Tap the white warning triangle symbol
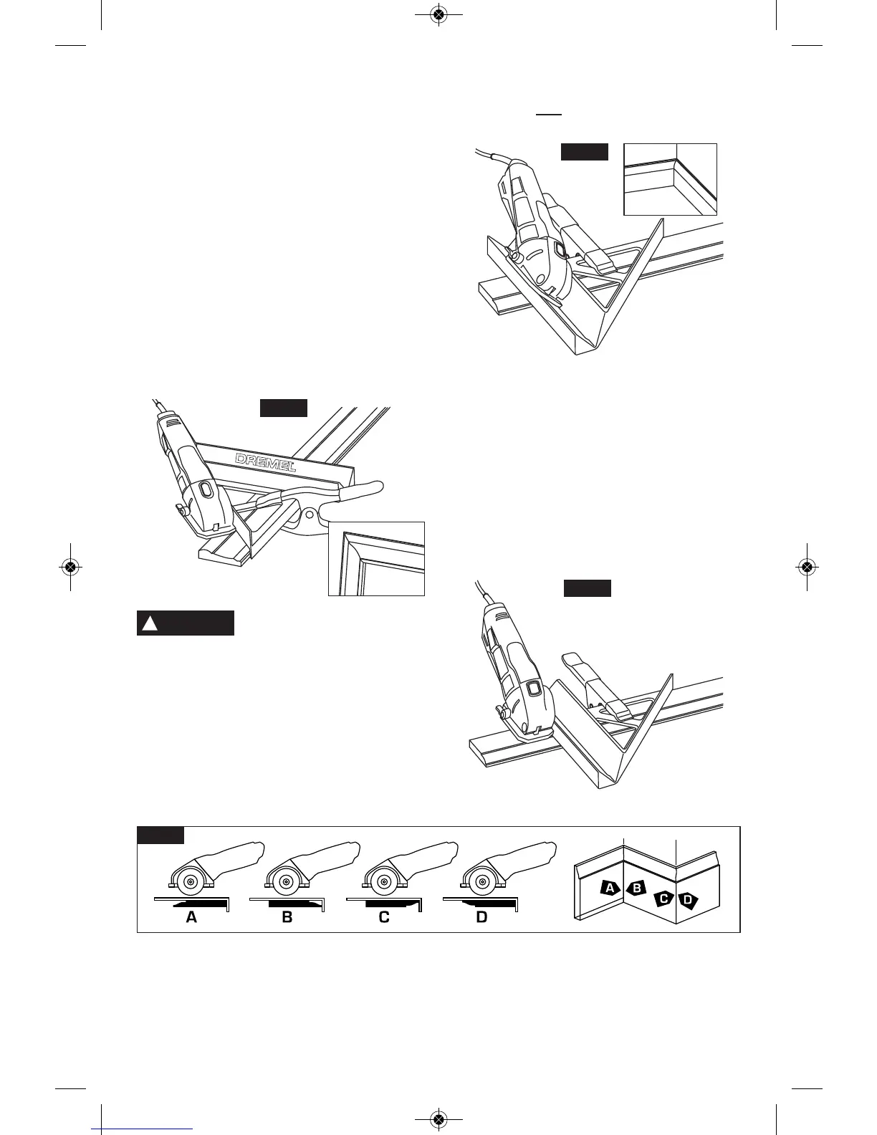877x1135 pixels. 150,623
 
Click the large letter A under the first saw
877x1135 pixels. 191,917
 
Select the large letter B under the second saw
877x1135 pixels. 287,917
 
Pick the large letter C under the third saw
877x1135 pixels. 384,917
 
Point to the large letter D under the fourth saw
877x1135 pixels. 481,917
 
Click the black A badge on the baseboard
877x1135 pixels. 609,889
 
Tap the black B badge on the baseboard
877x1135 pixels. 636,889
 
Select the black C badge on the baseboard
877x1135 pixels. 664,898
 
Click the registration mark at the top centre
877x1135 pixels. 439,14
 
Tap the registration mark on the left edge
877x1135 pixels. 70,566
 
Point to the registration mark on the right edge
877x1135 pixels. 807,566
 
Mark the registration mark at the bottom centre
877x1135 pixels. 439,1119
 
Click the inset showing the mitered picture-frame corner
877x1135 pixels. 376,559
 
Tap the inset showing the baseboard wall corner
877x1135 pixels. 670,179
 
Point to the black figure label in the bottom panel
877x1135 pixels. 160,835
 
